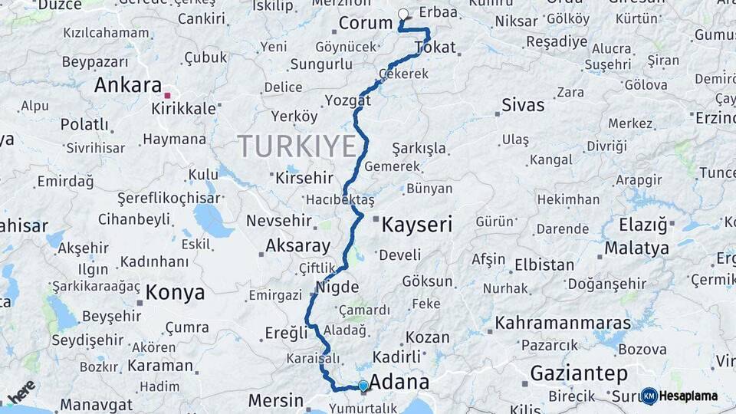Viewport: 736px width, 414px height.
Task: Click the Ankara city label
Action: pos(127,85)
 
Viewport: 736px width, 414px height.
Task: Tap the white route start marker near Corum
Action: pos(403,13)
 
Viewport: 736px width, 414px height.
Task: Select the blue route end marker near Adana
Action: pos(363,386)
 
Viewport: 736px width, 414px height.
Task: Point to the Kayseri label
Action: pos(416,225)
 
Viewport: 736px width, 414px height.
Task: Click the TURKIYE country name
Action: pos(297,146)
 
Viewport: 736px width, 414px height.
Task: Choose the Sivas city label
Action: pos(523,105)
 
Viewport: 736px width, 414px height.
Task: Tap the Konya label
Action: pos(175,292)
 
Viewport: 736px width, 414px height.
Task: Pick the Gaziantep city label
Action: pos(579,373)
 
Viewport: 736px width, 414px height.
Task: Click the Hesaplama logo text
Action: pos(688,396)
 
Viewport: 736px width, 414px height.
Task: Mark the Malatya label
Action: pos(636,248)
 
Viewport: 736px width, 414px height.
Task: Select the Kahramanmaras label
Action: pos(563,323)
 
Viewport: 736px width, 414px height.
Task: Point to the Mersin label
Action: pos(276,400)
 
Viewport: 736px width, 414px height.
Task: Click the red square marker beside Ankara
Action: pos(167,95)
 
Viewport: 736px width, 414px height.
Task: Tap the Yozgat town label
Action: pos(347,100)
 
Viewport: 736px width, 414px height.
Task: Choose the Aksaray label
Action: pos(297,247)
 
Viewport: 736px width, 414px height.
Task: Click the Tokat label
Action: pos(435,48)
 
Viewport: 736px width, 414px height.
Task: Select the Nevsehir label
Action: pos(279,221)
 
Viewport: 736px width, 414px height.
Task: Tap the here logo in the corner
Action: pos(21,391)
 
